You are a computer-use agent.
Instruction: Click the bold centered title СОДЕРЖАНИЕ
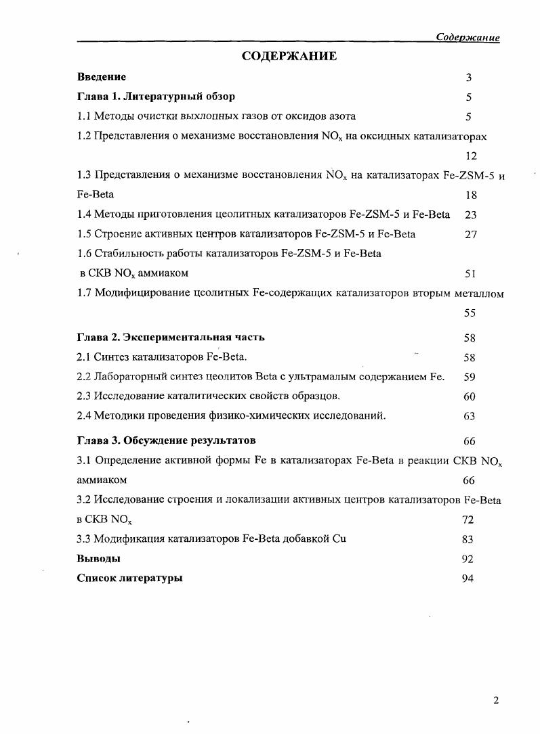pyautogui.click(x=289, y=57)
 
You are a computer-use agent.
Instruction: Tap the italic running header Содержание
pyautogui.click(x=468, y=37)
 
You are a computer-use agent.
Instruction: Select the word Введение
pyautogui.click(x=102, y=77)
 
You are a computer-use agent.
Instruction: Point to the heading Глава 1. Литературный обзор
pyautogui.click(x=156, y=97)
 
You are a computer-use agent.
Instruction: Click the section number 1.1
pyautogui.click(x=84, y=116)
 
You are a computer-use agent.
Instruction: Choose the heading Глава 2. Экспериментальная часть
pyautogui.click(x=171, y=337)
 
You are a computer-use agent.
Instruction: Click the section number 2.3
pyautogui.click(x=84, y=396)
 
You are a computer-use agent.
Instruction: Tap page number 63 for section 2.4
pyautogui.click(x=470, y=417)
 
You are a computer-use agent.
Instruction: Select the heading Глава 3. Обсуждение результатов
pyautogui.click(x=166, y=441)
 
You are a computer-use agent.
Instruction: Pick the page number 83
pyautogui.click(x=468, y=540)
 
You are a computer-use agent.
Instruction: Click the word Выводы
pyautogui.click(x=99, y=559)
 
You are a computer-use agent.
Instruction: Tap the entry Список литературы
pyautogui.click(x=129, y=578)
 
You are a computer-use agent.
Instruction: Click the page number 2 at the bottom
pyautogui.click(x=496, y=700)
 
